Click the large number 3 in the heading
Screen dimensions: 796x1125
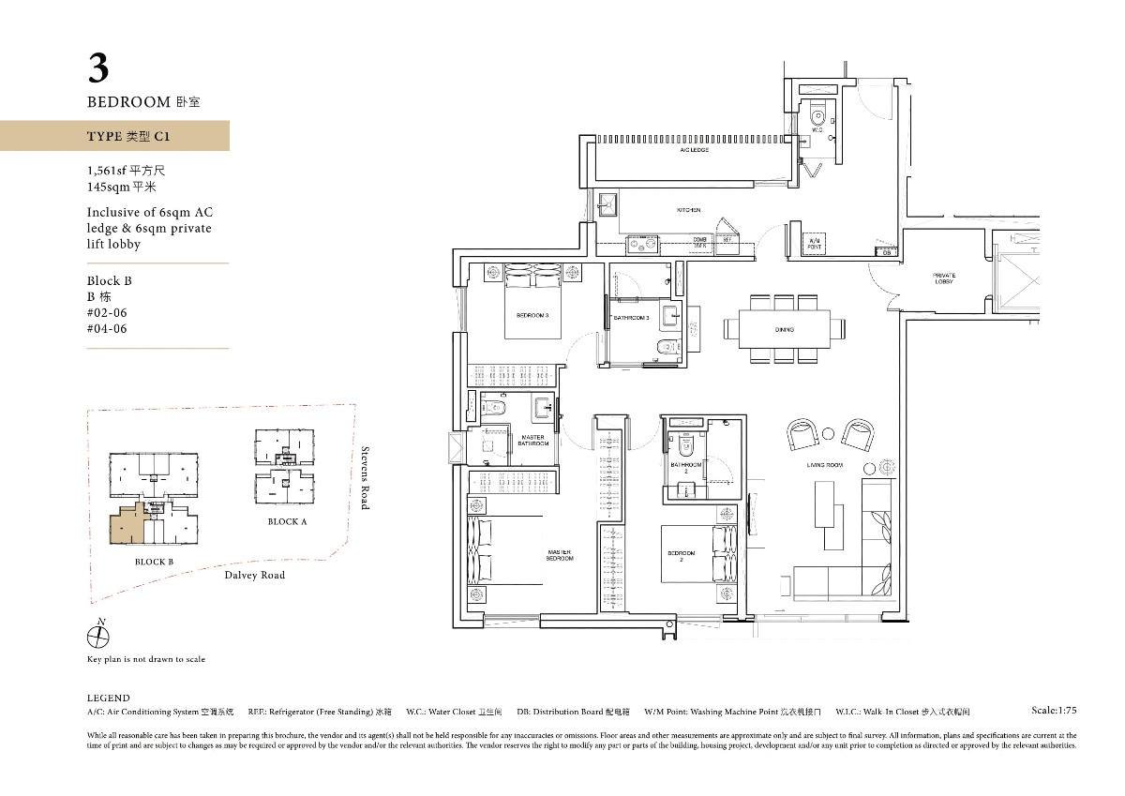point(98,68)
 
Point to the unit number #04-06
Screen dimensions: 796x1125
point(106,328)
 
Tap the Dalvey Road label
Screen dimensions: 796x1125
point(254,575)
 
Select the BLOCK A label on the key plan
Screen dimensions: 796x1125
point(287,521)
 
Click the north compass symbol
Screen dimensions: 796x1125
point(97,637)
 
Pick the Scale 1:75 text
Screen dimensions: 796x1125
point(1054,711)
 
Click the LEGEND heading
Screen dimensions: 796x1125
point(109,698)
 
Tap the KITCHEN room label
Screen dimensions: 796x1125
point(689,211)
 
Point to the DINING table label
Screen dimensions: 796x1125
point(784,330)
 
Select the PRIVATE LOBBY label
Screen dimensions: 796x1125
point(943,278)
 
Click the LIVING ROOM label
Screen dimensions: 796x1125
point(825,466)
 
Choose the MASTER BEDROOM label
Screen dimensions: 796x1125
point(560,555)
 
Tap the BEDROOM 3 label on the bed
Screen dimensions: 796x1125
point(532,316)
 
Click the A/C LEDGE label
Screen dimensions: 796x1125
point(694,150)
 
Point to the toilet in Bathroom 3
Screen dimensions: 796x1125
point(667,348)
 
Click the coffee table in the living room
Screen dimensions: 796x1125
point(824,503)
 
